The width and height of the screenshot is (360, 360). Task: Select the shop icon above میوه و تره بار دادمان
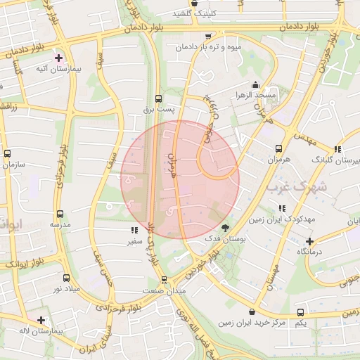click(x=207, y=37)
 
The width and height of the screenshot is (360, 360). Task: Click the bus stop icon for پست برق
click(x=158, y=99)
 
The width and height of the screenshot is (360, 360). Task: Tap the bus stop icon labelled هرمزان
click(x=278, y=148)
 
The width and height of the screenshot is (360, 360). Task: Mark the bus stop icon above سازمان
click(x=8, y=153)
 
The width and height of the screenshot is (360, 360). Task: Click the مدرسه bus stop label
click(x=59, y=224)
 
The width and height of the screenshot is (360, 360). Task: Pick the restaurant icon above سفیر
click(x=134, y=230)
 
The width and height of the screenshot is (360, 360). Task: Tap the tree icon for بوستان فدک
click(x=225, y=229)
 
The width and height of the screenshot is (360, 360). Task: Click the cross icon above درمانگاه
click(x=309, y=241)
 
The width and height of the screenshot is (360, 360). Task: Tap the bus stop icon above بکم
click(x=301, y=311)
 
